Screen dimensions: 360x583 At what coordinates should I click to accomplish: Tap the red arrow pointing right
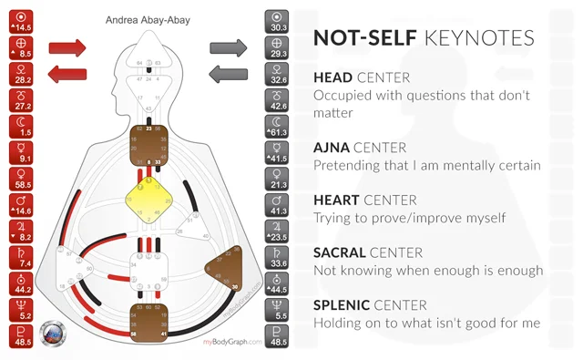click(65, 46)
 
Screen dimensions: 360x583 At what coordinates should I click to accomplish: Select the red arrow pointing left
click(65, 73)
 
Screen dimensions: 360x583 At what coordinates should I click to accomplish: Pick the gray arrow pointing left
click(228, 73)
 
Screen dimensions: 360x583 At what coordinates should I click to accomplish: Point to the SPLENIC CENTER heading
click(372, 304)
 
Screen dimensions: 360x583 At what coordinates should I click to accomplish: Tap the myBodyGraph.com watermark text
click(231, 342)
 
